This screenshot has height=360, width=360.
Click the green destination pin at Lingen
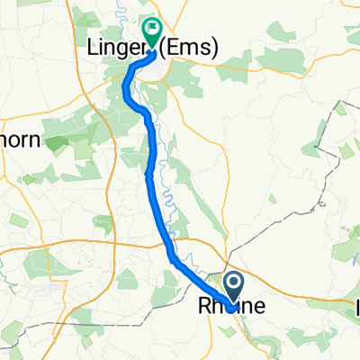click(x=150, y=33)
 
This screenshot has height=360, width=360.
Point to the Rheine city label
click(x=231, y=307)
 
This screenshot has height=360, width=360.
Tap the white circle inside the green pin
click(x=150, y=30)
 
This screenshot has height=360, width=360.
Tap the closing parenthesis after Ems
click(x=216, y=50)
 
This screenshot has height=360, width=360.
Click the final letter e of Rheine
click(x=259, y=308)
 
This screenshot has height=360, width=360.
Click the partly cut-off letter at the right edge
click(x=357, y=308)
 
